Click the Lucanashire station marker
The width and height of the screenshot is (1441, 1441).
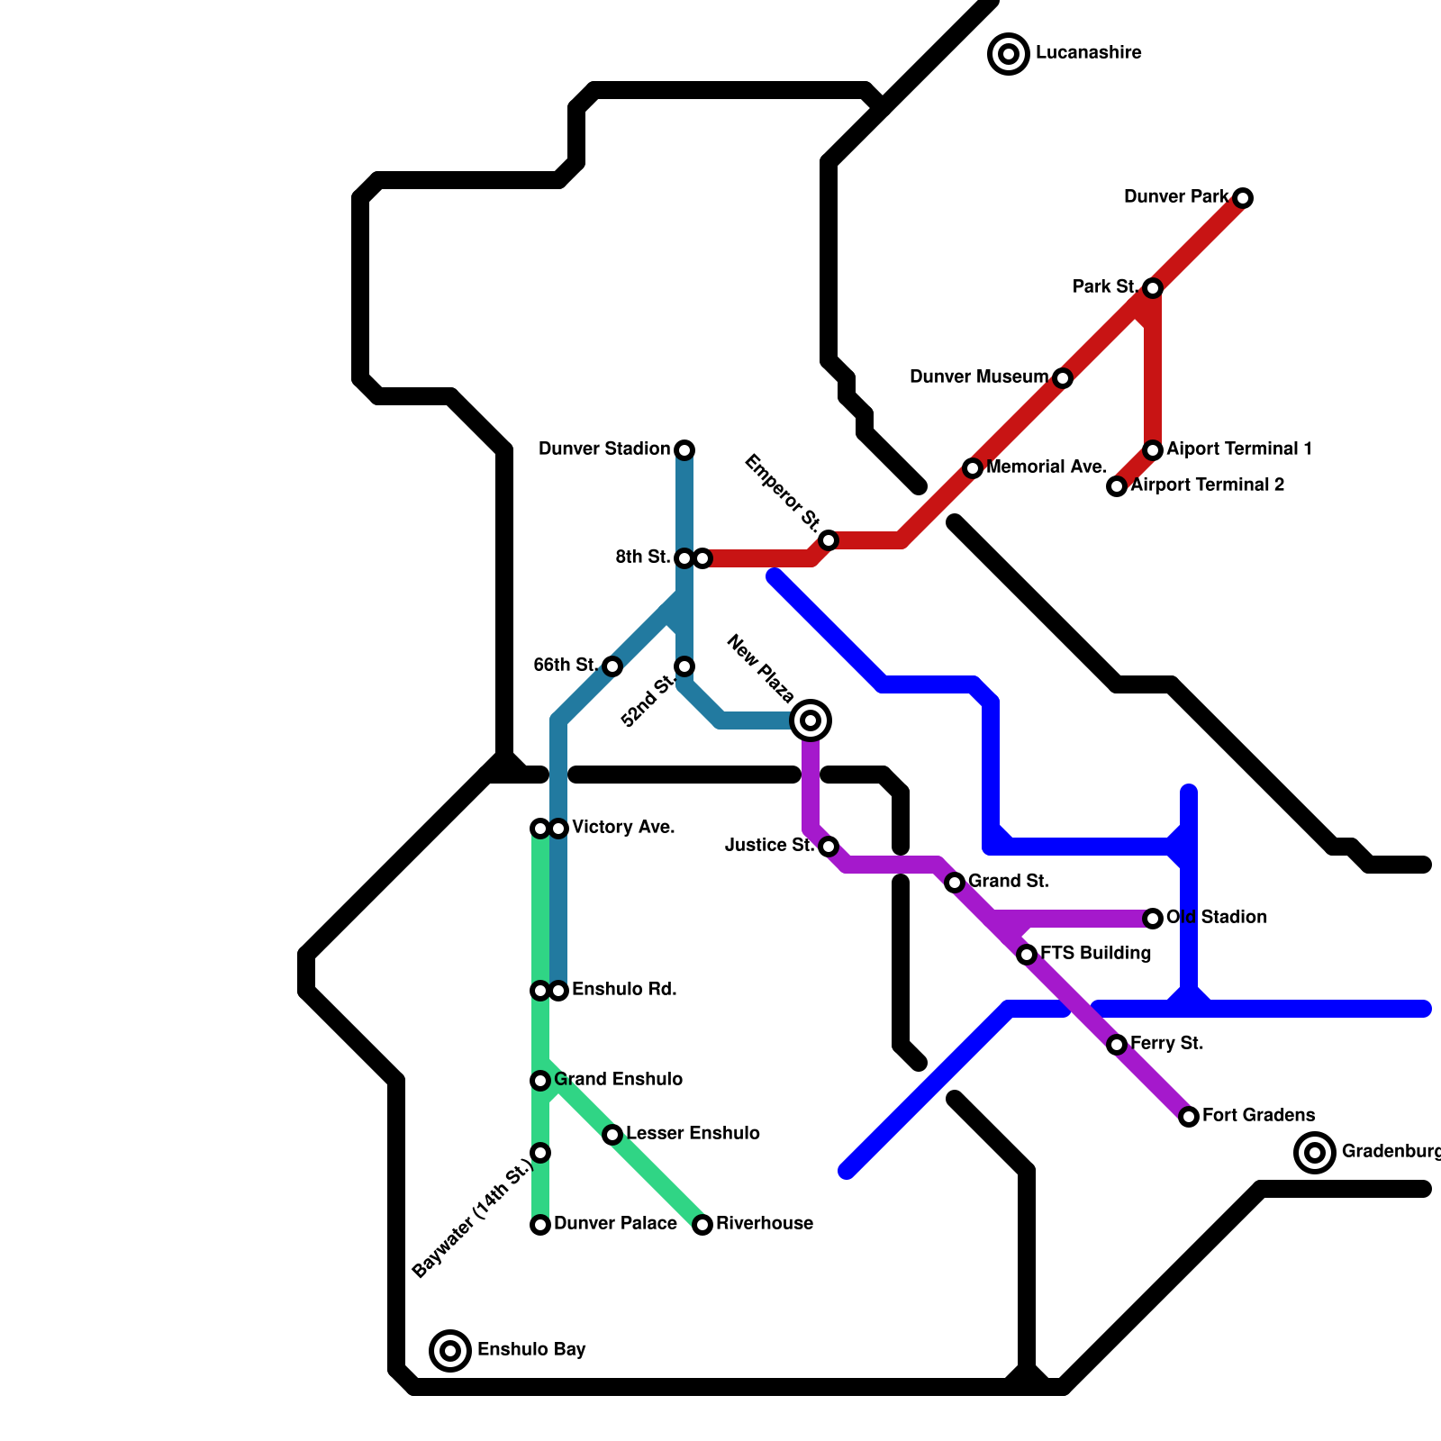pos(1009,54)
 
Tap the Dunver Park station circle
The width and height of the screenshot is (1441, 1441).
pos(1243,198)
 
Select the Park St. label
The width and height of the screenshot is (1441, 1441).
pos(1105,287)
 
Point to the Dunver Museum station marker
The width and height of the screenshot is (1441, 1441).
pos(1063,378)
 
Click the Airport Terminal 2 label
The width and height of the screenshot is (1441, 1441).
pos(1207,485)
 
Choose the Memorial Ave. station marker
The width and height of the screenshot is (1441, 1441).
pos(973,468)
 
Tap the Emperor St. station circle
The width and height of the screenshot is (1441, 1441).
pos(829,540)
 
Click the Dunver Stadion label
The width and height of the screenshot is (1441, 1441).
pos(604,449)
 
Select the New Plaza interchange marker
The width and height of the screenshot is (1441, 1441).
pos(811,720)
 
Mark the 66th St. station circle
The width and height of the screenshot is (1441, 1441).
pos(612,666)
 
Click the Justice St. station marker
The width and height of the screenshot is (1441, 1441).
pos(829,847)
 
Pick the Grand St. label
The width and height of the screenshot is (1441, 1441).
pos(1008,882)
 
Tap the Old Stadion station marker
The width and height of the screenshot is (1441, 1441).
pos(1153,919)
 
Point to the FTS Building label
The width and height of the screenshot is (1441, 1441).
pos(1095,954)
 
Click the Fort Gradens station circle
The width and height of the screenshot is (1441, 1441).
pos(1189,1117)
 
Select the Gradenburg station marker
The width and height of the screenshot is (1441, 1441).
pos(1315,1153)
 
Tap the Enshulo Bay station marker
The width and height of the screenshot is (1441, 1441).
pos(450,1351)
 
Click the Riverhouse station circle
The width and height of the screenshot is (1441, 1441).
pos(702,1225)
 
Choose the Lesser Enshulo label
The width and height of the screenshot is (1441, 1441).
pos(693,1134)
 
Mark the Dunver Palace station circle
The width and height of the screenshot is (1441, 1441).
pos(540,1225)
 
